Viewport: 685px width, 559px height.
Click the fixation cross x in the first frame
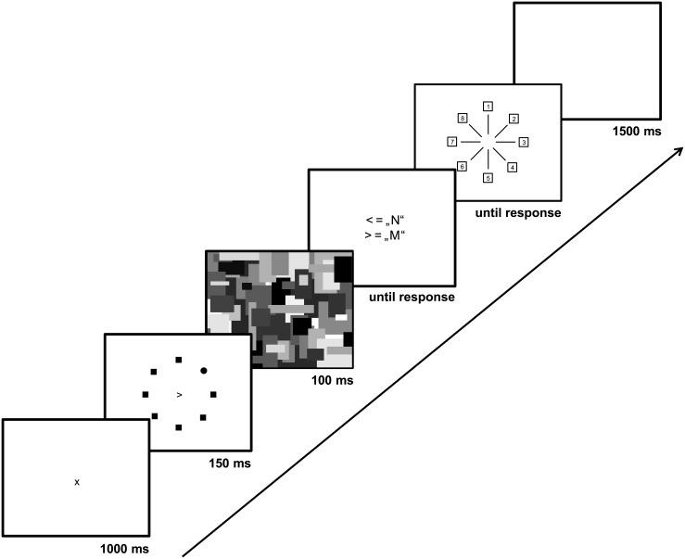click(x=77, y=482)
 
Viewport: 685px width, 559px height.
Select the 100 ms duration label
click(x=329, y=380)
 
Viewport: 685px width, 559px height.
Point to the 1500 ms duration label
click(x=637, y=132)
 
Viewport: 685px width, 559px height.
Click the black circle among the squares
click(x=203, y=371)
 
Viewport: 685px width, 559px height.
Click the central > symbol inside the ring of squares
click(x=179, y=395)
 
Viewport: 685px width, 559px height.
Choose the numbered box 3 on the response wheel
click(x=523, y=142)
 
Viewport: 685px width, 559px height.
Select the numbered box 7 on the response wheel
click(x=452, y=142)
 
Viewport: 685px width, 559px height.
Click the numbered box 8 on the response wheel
click(x=462, y=118)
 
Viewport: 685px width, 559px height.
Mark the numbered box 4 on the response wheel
click(x=513, y=167)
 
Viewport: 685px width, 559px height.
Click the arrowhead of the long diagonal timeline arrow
click(x=679, y=151)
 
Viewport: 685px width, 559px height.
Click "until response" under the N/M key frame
click(x=412, y=298)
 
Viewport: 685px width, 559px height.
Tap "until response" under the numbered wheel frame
click(x=517, y=212)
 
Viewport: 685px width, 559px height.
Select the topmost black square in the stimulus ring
click(x=179, y=360)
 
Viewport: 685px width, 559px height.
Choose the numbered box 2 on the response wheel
click(x=514, y=118)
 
